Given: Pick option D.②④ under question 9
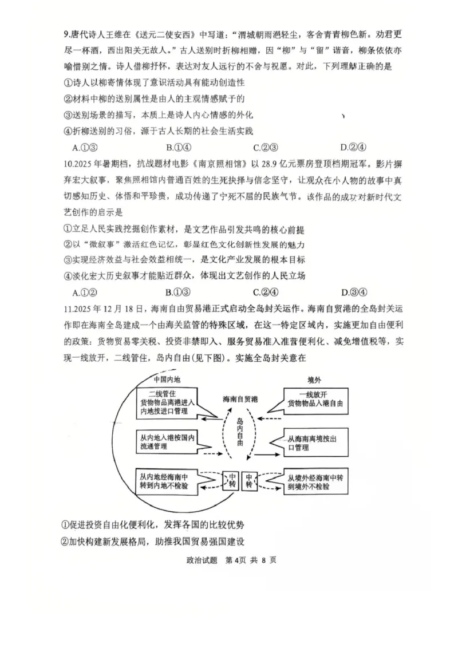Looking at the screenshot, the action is pos(353,147).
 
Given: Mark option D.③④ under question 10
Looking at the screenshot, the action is pos(353,292).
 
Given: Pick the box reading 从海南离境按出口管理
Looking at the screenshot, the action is pos(314,442).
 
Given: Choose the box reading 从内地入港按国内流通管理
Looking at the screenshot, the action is pos(167,442).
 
